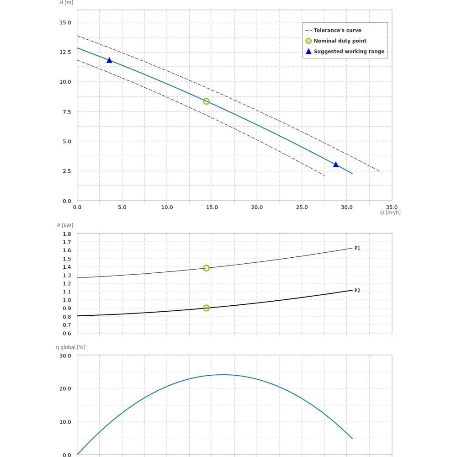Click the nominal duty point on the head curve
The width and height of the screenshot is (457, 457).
(206, 101)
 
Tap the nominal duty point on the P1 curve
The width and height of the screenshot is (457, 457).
(206, 268)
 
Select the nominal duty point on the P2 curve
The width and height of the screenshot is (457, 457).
(206, 308)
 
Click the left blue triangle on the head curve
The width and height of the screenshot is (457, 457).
(109, 60)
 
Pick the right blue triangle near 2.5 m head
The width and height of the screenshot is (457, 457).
(336, 165)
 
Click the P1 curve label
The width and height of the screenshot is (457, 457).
(357, 249)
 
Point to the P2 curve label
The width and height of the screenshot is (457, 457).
(357, 291)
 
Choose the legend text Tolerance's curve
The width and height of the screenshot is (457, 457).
(337, 31)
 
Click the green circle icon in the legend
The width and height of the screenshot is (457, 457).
(308, 41)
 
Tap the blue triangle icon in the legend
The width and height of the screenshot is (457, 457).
(308, 52)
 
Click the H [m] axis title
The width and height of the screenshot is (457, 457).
(66, 2)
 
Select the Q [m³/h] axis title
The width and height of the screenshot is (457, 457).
(390, 213)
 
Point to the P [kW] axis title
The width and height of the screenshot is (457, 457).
(65, 225)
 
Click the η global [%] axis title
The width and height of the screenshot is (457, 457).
(71, 347)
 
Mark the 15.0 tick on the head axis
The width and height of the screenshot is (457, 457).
(65, 22)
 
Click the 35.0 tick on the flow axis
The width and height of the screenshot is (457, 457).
(392, 207)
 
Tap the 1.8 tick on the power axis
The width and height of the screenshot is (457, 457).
(67, 234)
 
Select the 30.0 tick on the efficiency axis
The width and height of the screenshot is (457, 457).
(65, 356)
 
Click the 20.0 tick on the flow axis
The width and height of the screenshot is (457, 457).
(257, 207)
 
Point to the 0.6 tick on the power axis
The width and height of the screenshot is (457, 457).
(67, 333)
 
